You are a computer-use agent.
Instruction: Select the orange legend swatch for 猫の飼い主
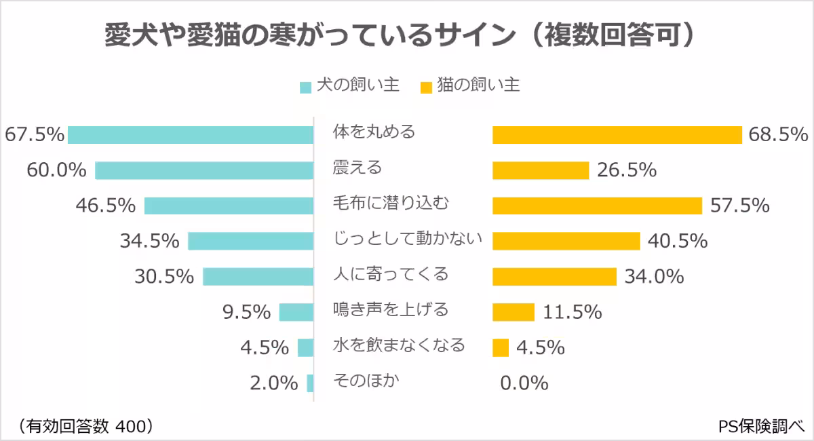point(426,88)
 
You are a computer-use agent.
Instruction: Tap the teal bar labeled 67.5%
point(190,135)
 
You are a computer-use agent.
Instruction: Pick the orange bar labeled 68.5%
point(617,135)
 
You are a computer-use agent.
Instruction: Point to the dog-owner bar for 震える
point(203,170)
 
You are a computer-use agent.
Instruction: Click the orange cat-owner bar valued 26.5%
point(540,170)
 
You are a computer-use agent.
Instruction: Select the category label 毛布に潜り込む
point(391,203)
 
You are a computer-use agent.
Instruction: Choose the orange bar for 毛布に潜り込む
point(597,206)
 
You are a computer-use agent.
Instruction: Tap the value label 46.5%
point(106,206)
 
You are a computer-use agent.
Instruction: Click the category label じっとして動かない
point(408,239)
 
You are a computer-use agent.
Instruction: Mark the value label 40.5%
point(678,241)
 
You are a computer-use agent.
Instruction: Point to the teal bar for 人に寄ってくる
point(258,276)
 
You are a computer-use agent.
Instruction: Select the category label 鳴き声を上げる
point(391,310)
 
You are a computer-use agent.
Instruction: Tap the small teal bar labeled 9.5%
point(296,312)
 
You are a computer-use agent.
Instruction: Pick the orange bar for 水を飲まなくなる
point(501,347)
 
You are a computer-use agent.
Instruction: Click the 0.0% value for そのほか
point(524,383)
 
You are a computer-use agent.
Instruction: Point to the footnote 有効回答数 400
point(85,425)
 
